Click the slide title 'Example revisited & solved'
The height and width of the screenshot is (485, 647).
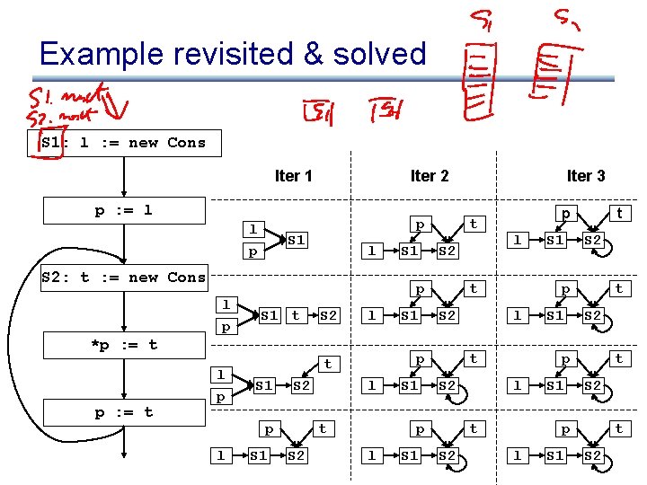click(x=233, y=54)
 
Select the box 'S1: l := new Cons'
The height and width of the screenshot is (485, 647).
click(x=123, y=142)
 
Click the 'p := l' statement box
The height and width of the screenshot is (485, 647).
click(x=123, y=210)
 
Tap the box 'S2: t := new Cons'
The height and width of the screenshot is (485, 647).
click(x=123, y=277)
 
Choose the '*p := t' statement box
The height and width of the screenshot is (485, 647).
click(x=123, y=344)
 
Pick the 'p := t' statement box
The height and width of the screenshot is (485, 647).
click(x=123, y=412)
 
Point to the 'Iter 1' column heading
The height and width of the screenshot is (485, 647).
click(x=293, y=175)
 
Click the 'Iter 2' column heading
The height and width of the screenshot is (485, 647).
click(x=429, y=175)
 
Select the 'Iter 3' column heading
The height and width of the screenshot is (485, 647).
click(x=585, y=175)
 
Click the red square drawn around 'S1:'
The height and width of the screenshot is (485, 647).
click(x=47, y=144)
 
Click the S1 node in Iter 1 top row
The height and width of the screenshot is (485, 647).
click(x=297, y=240)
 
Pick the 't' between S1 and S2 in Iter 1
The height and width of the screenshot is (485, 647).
click(x=296, y=315)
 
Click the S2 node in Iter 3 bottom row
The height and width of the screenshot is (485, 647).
click(x=593, y=455)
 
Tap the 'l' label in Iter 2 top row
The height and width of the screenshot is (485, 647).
click(x=372, y=251)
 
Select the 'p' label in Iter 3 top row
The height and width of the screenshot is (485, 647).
click(x=565, y=214)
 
